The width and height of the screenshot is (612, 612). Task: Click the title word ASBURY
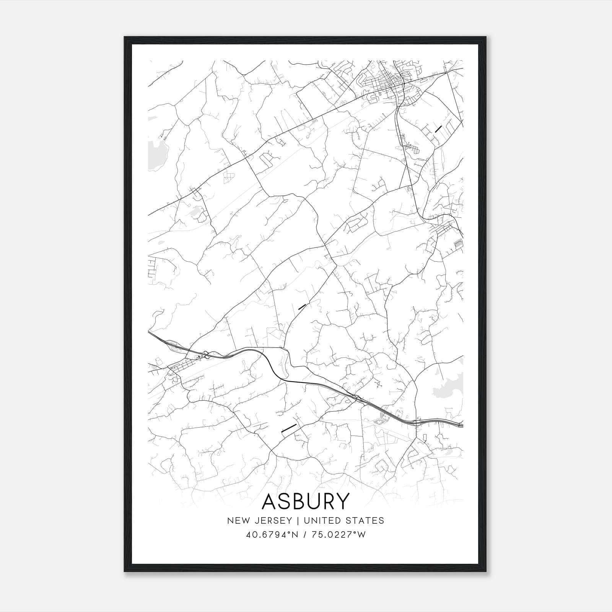click(306, 501)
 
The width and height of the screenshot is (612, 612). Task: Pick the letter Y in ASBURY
click(342, 501)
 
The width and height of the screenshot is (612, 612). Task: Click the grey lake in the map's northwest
click(156, 151)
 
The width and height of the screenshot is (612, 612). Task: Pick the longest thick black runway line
click(289, 428)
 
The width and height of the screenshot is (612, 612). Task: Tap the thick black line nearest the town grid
click(438, 129)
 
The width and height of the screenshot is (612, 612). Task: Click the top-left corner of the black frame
click(125, 37)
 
